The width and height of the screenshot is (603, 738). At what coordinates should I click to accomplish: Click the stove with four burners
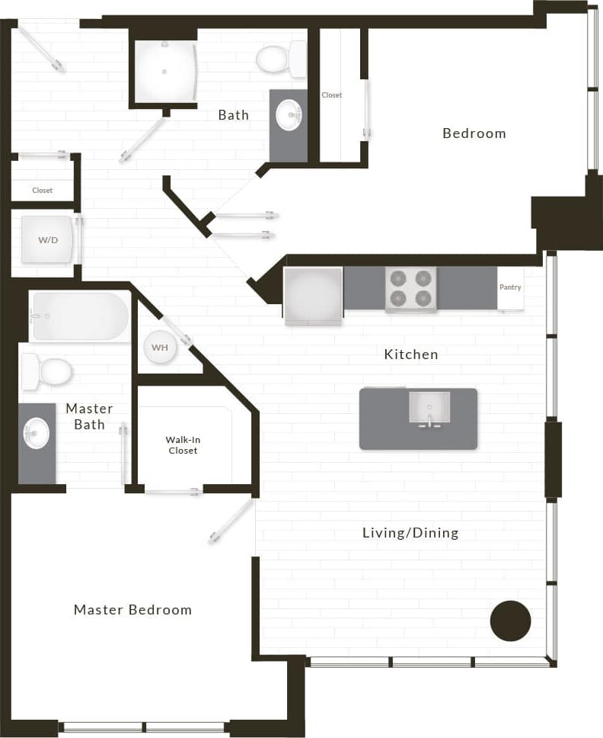(411, 289)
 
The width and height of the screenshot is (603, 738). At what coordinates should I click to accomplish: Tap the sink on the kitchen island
(429, 408)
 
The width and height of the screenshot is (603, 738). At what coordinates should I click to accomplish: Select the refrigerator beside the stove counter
(313, 295)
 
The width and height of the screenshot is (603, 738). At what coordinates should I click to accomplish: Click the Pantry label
(510, 287)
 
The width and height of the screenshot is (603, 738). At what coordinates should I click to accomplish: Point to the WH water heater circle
(160, 348)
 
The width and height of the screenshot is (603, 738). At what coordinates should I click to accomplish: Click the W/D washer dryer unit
(48, 239)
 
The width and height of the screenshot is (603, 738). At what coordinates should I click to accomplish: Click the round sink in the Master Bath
(36, 434)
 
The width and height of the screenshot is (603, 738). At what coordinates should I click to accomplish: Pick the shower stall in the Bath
(164, 71)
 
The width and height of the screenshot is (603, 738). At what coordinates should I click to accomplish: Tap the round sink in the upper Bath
(289, 115)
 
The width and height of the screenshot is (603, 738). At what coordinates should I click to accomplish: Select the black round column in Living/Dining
(510, 621)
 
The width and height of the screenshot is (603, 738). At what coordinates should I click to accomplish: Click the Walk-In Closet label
(182, 445)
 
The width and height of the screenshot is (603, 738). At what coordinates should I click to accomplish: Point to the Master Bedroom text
(132, 610)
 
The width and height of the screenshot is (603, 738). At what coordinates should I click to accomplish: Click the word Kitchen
(410, 355)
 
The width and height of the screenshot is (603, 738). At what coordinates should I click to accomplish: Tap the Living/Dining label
(410, 533)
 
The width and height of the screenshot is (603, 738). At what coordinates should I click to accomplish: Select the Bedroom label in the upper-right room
(474, 133)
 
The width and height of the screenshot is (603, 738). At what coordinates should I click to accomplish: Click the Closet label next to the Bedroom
(332, 95)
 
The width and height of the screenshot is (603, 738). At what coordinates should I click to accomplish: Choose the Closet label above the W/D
(43, 191)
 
